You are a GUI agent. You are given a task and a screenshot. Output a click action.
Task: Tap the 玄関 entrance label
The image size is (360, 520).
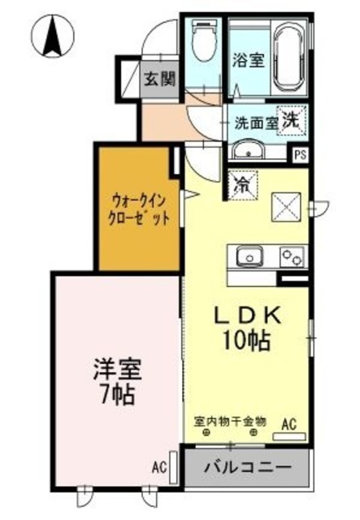click(x=160, y=79)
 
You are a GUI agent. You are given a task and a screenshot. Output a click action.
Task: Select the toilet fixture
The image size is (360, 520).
click(x=202, y=37)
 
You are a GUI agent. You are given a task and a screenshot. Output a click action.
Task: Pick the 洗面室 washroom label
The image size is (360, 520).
click(x=255, y=123)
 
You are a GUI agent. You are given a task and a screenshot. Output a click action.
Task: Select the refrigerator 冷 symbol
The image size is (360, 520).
click(x=241, y=185)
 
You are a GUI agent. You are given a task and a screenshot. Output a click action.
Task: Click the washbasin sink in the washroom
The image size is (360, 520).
click(x=248, y=151)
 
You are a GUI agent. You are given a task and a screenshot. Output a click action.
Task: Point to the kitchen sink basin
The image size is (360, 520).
click(x=249, y=258)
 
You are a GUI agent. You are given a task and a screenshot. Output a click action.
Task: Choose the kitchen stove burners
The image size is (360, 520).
click(x=292, y=257)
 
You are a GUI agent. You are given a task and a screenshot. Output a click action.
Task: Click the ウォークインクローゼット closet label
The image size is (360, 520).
click(x=139, y=210)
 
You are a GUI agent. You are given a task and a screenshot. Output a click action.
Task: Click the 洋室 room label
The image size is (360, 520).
click(x=115, y=371)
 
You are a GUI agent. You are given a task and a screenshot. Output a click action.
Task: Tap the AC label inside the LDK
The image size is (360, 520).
click(x=288, y=422)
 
